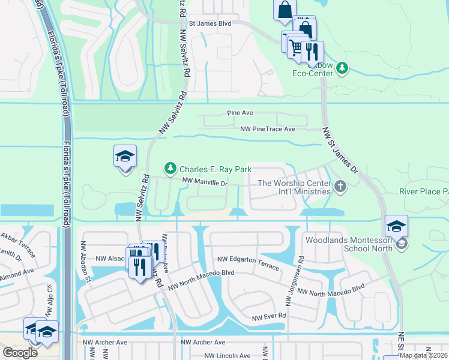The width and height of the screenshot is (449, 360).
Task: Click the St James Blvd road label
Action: point(209,23)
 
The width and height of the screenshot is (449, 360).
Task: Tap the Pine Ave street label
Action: point(240,113)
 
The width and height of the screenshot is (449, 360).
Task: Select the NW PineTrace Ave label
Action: point(268,129)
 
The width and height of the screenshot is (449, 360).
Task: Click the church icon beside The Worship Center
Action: point(340,187)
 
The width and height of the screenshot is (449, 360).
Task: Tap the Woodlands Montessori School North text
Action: point(348,244)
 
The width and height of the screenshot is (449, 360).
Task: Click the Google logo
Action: point(20,352)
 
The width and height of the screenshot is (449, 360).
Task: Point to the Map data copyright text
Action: point(423,355)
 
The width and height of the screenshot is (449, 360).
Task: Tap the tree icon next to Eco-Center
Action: point(342,68)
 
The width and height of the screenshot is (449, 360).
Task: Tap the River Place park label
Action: point(424,192)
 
